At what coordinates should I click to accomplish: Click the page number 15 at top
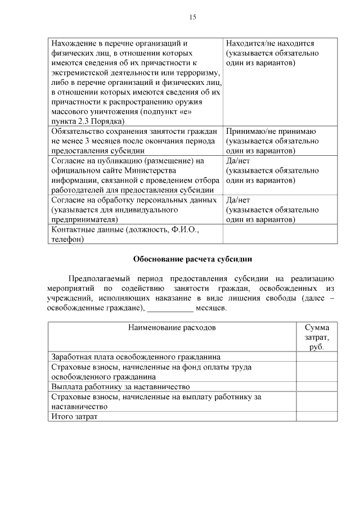tap(192, 17)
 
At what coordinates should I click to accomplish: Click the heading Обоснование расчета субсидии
tap(192, 259)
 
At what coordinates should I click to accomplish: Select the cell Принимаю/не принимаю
tap(271, 132)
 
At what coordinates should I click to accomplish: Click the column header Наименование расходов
tap(172, 327)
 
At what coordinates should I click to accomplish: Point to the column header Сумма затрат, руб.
tap(317, 337)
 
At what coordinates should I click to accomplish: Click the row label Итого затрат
tap(74, 417)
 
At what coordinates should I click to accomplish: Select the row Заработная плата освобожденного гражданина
tap(136, 357)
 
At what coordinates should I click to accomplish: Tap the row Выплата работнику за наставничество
tap(120, 387)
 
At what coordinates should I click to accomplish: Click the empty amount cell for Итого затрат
tap(317, 417)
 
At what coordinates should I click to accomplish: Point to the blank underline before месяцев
tap(170, 309)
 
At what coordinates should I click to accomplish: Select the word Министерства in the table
tap(149, 171)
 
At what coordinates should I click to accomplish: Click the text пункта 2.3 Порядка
tap(87, 121)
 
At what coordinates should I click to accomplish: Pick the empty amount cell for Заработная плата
tap(317, 357)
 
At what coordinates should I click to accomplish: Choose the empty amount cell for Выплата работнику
tap(317, 387)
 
